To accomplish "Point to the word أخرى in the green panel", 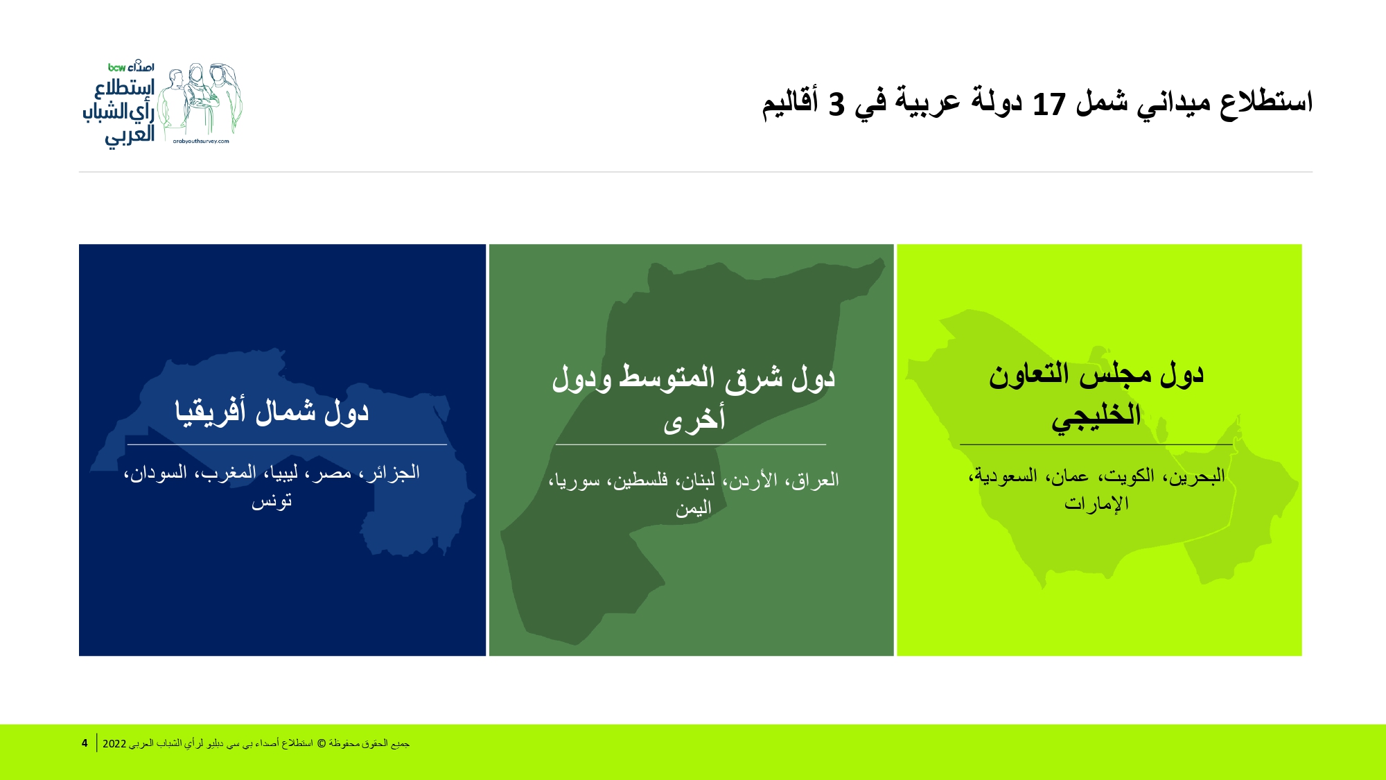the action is [x=694, y=419].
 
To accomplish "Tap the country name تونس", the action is [x=272, y=501].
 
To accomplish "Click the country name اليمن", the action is [x=694, y=508].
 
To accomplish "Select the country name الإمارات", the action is [x=1096, y=503].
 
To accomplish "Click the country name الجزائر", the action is [x=393, y=473].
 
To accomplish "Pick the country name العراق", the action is [x=815, y=480].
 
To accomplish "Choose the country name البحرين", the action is [x=1197, y=476].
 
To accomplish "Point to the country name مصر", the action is [x=334, y=474].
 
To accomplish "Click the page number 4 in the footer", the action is [x=85, y=743].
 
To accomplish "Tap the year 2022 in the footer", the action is [x=114, y=744].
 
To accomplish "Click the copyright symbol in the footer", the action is [x=321, y=743].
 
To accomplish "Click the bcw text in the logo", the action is [x=116, y=67].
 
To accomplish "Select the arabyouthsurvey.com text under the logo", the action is [x=201, y=141].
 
